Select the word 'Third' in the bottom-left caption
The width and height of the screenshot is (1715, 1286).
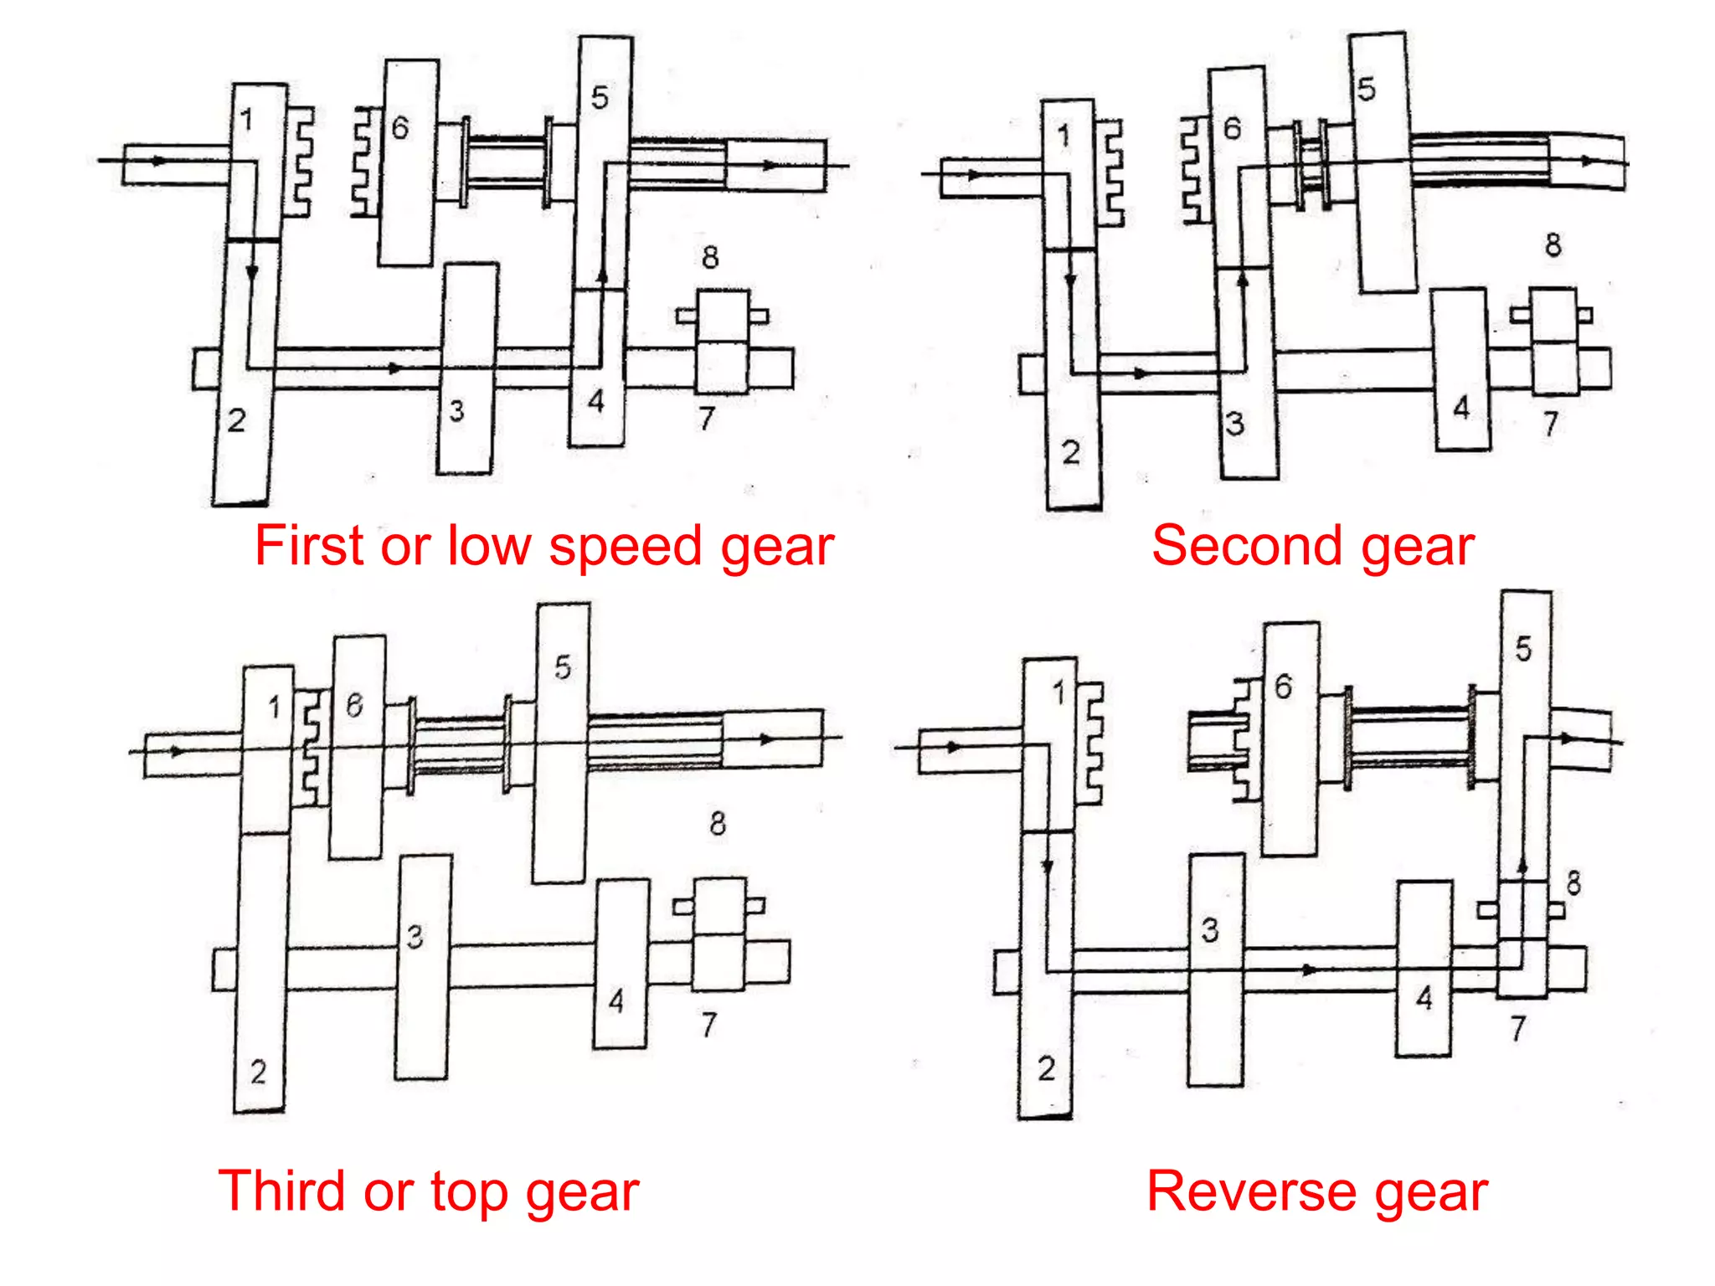[281, 1191]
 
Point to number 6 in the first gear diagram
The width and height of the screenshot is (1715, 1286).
[400, 128]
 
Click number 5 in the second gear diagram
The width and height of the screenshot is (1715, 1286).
[1366, 89]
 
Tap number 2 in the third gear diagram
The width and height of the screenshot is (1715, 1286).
[258, 1072]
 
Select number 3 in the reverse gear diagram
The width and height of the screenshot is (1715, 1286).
[1210, 930]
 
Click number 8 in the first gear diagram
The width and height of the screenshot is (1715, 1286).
[710, 257]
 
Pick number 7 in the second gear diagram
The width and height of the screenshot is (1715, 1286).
[1551, 424]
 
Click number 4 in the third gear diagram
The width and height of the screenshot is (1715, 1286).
[616, 1001]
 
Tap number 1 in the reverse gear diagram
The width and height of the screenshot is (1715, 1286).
[1058, 692]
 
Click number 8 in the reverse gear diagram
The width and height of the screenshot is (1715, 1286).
[1573, 882]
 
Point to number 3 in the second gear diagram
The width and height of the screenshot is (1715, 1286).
[1234, 424]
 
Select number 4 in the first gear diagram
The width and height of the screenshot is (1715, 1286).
[595, 401]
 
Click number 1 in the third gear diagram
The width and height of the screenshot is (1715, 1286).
[274, 707]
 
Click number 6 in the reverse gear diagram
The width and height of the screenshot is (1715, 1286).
[1283, 687]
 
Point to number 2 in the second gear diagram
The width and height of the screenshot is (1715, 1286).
[1071, 453]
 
